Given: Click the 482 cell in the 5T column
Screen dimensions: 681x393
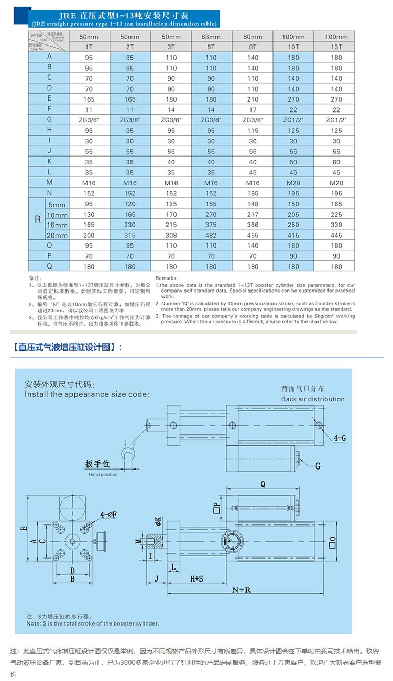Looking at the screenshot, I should [x=211, y=235].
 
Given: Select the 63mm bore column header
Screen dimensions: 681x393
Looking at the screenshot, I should [x=211, y=37].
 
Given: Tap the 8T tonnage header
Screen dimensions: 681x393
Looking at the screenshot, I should [x=253, y=47].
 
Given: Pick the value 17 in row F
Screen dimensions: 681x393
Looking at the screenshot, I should [x=253, y=110].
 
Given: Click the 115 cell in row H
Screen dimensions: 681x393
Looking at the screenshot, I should [x=253, y=131].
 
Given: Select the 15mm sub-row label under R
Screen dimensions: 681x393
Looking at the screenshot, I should [x=57, y=225].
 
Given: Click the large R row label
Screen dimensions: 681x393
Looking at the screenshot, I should [x=37, y=219].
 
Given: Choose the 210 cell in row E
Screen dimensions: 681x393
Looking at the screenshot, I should [x=253, y=99].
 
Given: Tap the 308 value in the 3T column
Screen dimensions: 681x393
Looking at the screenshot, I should [x=171, y=235].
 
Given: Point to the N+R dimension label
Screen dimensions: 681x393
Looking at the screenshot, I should [x=242, y=590].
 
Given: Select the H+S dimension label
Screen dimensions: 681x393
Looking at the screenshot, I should [x=196, y=579].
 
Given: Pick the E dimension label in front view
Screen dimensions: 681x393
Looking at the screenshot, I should [x=23, y=529].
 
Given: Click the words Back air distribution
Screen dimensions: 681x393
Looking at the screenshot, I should [x=313, y=399].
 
